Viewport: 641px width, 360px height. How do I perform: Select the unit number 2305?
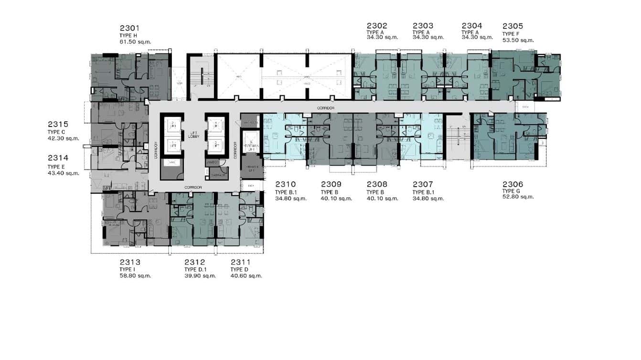[513, 26]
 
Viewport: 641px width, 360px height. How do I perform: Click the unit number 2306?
[513, 184]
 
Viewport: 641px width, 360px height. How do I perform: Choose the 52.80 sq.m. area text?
[518, 197]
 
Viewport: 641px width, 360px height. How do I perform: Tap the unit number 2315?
[58, 124]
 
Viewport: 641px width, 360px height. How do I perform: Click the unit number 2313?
[129, 262]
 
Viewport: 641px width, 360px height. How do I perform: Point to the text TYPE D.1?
[196, 270]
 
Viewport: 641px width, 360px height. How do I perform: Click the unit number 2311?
[240, 262]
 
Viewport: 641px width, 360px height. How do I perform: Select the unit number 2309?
[331, 184]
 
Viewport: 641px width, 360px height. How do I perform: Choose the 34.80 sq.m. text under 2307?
[428, 199]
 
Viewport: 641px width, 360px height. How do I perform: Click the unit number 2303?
[423, 26]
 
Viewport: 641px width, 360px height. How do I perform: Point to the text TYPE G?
[511, 191]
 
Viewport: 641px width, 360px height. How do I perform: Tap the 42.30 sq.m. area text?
[63, 139]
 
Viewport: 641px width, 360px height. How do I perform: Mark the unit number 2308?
[377, 184]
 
